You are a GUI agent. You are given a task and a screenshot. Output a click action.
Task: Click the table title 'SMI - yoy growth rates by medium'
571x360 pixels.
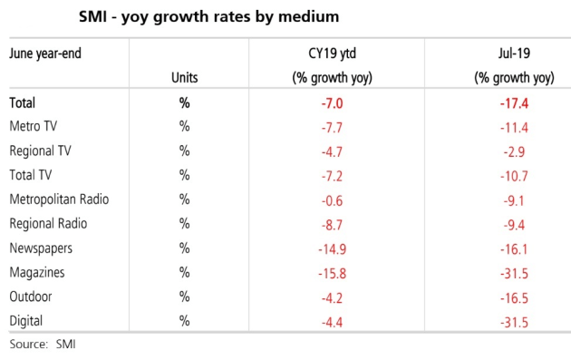point(209,16)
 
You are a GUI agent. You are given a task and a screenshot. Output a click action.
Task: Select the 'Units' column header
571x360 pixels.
point(185,78)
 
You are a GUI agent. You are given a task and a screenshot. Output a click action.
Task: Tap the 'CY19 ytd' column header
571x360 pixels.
point(332,54)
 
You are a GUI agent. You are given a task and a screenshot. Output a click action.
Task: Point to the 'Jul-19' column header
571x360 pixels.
point(514,54)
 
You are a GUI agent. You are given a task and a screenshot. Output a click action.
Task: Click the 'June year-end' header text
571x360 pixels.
point(45,54)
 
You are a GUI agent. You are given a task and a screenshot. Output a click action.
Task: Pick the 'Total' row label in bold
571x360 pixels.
point(23,102)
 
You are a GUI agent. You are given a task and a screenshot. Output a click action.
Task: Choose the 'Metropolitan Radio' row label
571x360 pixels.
point(59,199)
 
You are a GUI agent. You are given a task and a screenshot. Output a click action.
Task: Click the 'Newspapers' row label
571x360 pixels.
point(41,248)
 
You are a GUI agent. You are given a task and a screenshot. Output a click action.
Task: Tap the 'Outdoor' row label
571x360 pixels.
point(31,297)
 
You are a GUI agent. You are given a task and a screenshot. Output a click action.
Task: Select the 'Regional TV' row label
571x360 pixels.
point(40,151)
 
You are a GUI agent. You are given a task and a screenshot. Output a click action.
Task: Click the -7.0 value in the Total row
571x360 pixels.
point(332,103)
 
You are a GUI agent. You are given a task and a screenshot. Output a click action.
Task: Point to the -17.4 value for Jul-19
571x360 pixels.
point(514,103)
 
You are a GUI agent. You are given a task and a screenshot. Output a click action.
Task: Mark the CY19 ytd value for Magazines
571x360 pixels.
point(332,273)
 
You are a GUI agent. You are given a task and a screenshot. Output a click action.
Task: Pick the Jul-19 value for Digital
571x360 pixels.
point(514,322)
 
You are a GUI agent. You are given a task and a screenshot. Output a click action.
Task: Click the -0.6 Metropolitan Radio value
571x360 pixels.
point(332,200)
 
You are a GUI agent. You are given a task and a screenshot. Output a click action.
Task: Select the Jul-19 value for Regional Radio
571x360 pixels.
point(514,225)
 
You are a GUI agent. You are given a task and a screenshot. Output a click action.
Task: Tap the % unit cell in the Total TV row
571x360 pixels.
point(185,175)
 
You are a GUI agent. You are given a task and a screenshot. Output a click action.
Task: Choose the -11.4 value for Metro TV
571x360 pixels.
point(514,128)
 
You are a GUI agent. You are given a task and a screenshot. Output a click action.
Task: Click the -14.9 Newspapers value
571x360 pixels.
point(332,249)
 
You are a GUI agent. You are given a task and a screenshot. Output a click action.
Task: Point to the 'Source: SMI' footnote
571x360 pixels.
point(43,344)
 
